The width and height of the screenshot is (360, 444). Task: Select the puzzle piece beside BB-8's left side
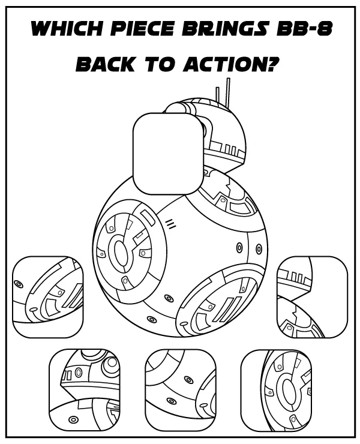47,296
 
